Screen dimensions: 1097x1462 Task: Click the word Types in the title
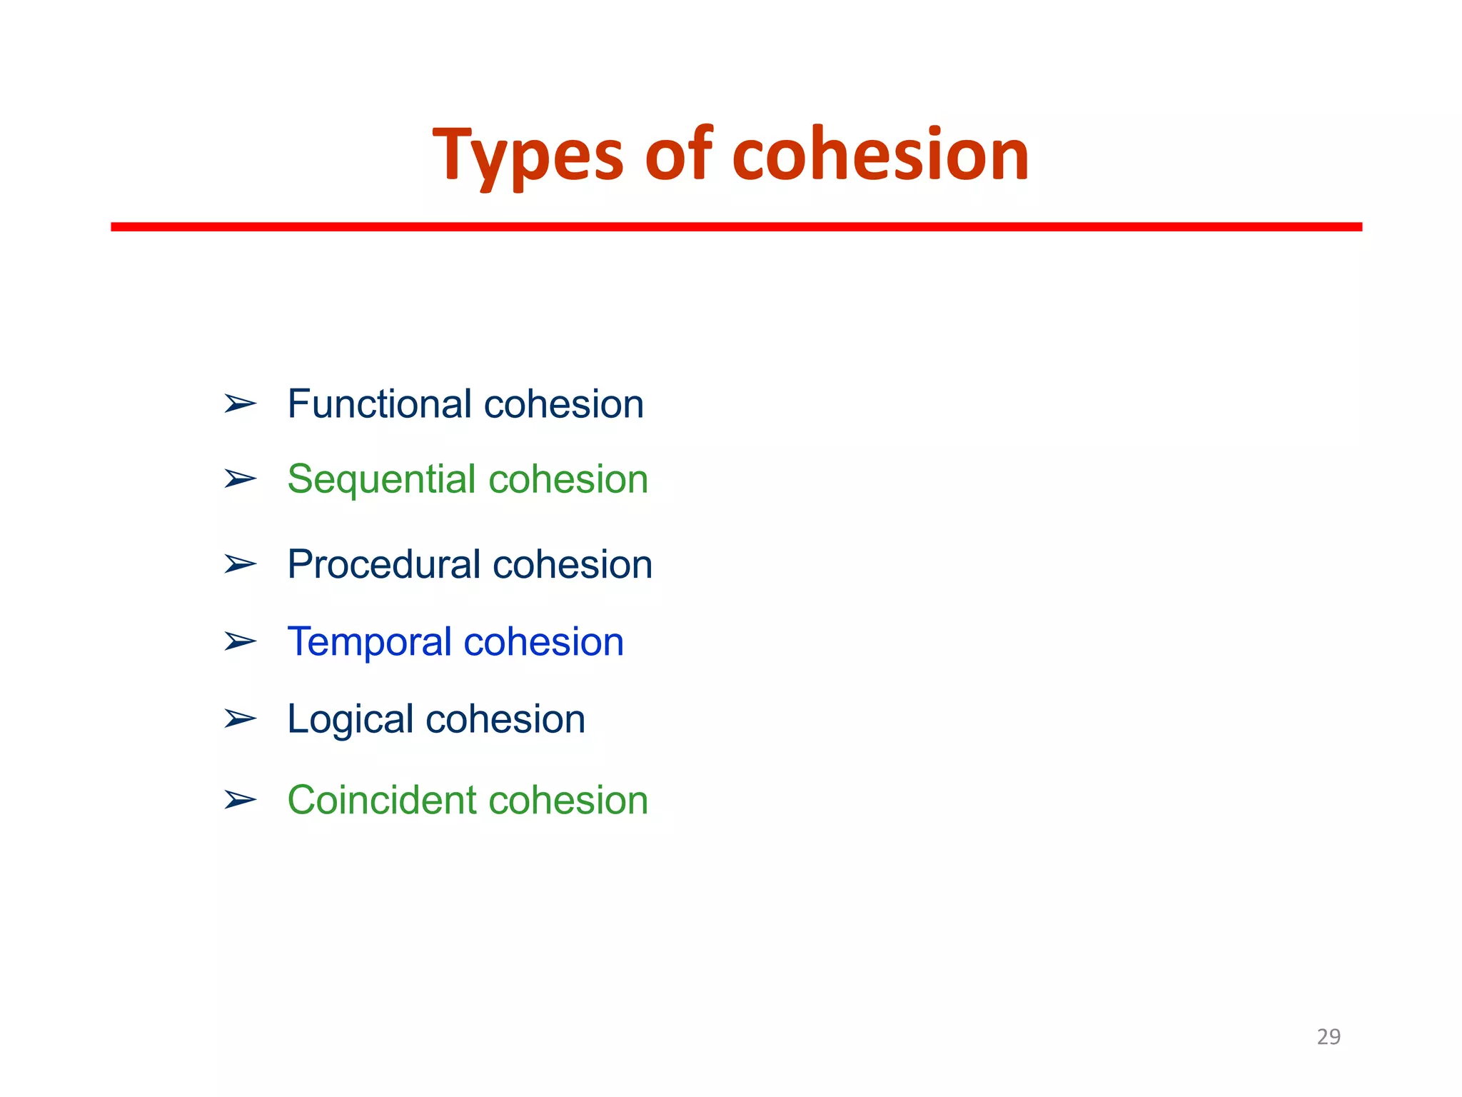[528, 155]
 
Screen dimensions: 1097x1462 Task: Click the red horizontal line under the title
[735, 226]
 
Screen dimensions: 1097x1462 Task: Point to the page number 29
[1328, 1036]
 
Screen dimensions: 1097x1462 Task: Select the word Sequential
[381, 479]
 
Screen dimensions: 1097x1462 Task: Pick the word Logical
[350, 718]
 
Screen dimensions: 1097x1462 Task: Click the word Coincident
[381, 800]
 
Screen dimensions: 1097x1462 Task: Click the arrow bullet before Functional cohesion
[240, 404]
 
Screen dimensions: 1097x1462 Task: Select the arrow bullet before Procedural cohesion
[240, 564]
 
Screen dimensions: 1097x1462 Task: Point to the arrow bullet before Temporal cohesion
[240, 641]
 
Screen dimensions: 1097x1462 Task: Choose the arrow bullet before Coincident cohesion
[240, 799]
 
